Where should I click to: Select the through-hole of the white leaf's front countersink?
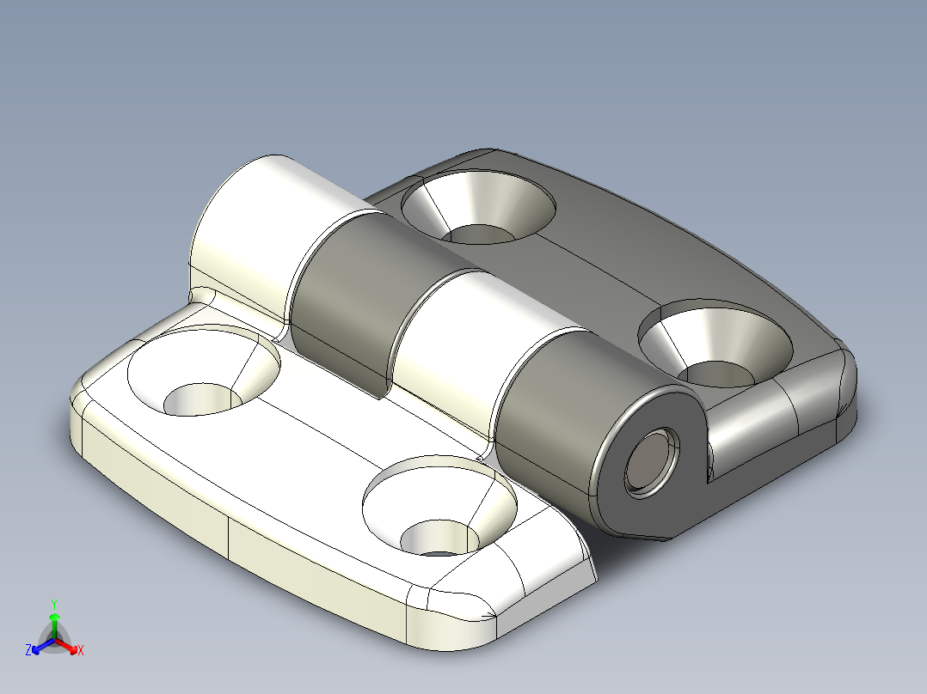(x=439, y=539)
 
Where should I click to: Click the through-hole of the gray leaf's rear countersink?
(x=479, y=234)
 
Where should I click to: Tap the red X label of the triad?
(x=81, y=651)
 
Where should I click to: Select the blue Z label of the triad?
(x=28, y=651)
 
